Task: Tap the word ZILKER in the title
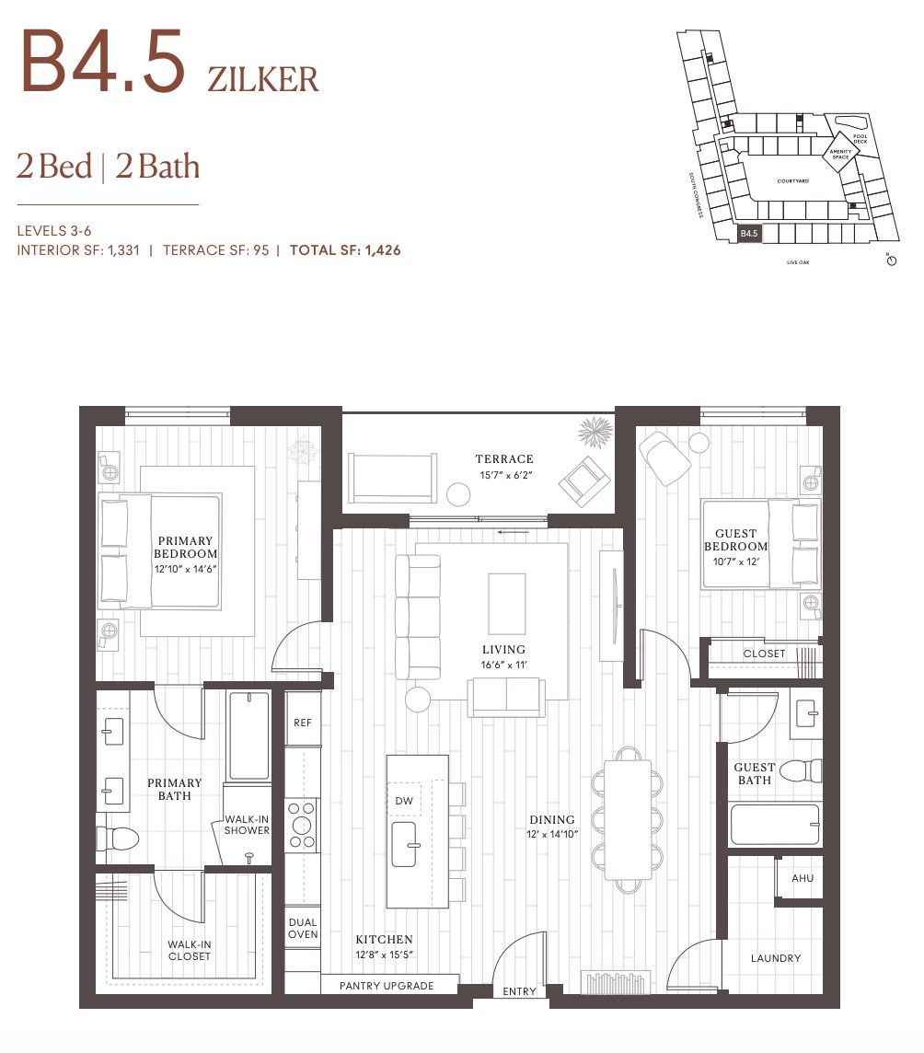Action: [x=263, y=79]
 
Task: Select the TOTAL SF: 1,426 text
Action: [x=345, y=249]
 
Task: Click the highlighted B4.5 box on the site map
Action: [x=749, y=234]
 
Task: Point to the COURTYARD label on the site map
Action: [x=791, y=181]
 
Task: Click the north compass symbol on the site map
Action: [x=890, y=260]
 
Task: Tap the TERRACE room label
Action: [x=503, y=459]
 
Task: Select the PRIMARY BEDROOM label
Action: [x=185, y=548]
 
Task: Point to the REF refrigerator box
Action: [x=302, y=723]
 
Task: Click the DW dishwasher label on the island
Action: [x=404, y=801]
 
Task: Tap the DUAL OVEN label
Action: [x=302, y=928]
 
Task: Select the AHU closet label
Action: [x=802, y=878]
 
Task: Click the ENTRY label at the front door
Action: [x=519, y=991]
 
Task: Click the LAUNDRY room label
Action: [x=775, y=958]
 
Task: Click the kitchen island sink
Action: [x=407, y=844]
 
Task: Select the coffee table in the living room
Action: [x=506, y=603]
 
